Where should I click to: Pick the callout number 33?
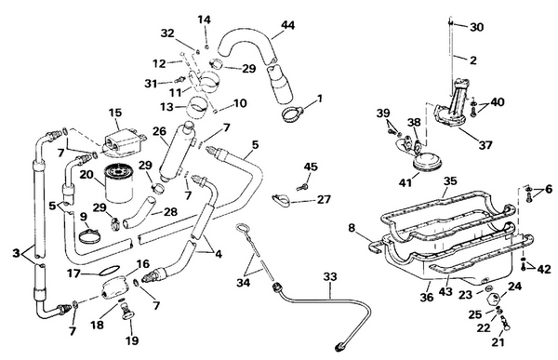331,276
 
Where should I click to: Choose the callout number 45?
310,167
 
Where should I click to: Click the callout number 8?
352,226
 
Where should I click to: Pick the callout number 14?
205,20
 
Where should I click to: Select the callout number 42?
544,269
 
